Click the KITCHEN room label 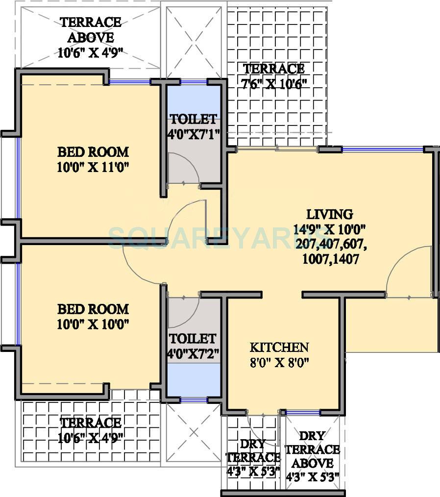coord(279,348)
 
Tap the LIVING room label coord(329,214)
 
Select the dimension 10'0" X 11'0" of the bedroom coord(93,167)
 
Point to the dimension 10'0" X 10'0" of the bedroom coord(93,324)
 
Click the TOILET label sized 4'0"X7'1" coord(193,119)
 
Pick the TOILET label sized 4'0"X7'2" coord(193,339)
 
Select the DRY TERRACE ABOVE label coord(312,449)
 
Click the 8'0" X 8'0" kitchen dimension coord(279,363)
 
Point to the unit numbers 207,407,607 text coord(329,244)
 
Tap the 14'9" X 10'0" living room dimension coord(329,229)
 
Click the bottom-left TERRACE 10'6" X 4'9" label coord(91,429)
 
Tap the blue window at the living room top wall coord(382,149)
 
